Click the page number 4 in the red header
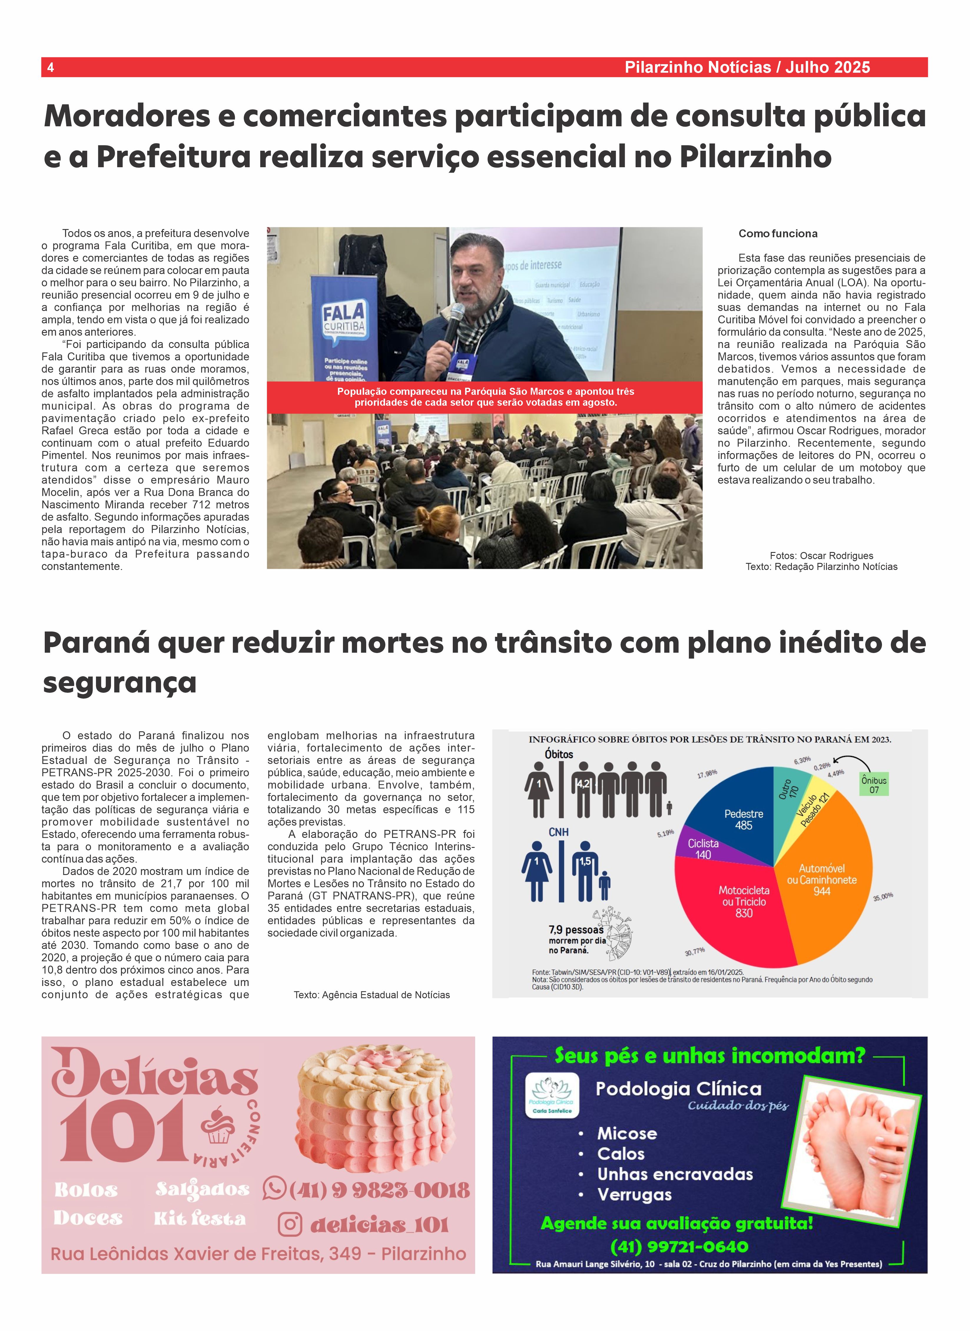click(x=51, y=67)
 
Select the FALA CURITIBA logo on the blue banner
click(x=344, y=319)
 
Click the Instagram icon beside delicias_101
click(x=289, y=1225)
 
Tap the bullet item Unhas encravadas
click(x=675, y=1174)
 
